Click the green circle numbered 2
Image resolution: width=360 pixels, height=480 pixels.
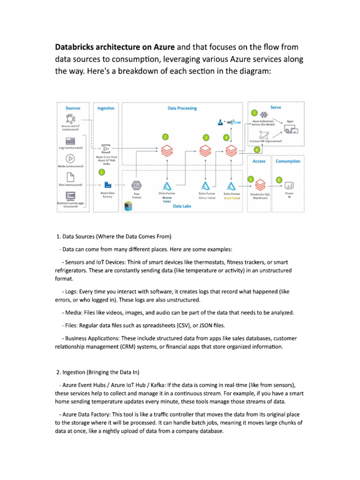(165, 137)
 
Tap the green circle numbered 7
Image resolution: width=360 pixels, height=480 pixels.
(255, 113)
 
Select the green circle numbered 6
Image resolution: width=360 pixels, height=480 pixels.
(279, 180)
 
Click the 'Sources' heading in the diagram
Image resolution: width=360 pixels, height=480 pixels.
(73, 108)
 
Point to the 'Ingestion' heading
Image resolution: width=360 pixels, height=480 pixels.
(105, 108)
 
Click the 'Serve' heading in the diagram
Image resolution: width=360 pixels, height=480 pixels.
(276, 107)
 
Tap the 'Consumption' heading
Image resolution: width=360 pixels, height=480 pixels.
(288, 161)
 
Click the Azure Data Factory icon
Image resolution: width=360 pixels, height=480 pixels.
(107, 184)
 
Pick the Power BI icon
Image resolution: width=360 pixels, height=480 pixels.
(289, 186)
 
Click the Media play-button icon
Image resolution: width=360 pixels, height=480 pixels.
(71, 158)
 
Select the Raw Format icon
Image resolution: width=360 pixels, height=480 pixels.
(136, 186)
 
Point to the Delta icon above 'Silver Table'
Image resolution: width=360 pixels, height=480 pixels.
(205, 186)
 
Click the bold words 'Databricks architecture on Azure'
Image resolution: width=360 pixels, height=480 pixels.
(115, 47)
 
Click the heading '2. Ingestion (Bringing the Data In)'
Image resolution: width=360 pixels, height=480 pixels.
(97, 372)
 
